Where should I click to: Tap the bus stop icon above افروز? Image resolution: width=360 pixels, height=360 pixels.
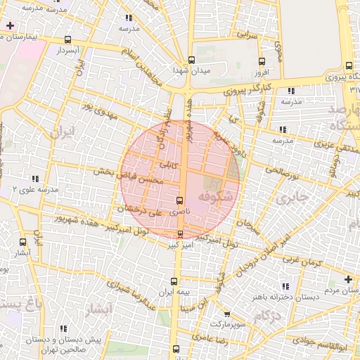pos(262,61)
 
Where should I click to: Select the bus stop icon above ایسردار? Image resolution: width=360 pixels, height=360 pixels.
pos(67,40)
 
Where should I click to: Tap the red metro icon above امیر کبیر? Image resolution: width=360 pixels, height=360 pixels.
pos(181,235)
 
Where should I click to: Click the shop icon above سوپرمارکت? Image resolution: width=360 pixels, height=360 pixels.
pos(226,314)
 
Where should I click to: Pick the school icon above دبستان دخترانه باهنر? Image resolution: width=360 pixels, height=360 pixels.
pos(285,286)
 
